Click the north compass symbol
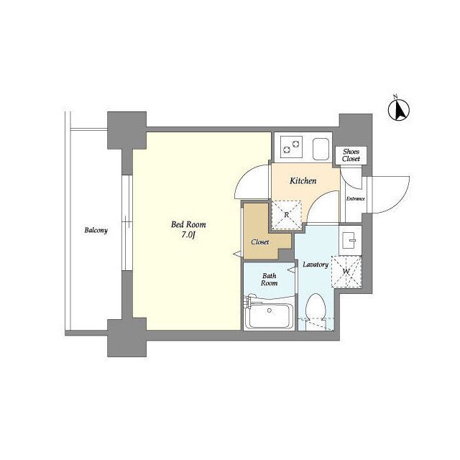pos(399,109)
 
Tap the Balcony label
pos(96,230)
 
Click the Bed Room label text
pos(188,225)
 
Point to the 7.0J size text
pos(188,235)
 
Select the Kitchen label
pos(303,180)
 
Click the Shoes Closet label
pos(351,155)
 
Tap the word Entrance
pos(356,198)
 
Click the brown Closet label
pos(260,242)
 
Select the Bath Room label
pos(270,280)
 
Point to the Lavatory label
pos(316,264)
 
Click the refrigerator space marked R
pos(286,215)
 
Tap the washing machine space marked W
pos(346,272)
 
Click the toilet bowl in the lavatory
pos(316,307)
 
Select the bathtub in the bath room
pos(269,316)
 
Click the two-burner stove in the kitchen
pos(290,147)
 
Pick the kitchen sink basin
pos(321,149)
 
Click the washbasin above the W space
pos(350,240)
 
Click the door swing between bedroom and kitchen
pos(247,178)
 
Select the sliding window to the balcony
pos(127,223)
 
